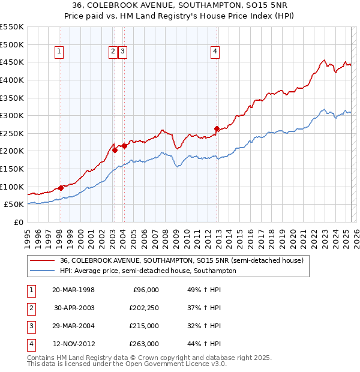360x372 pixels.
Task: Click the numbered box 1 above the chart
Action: (x=60, y=52)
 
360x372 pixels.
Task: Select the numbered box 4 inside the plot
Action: (x=215, y=52)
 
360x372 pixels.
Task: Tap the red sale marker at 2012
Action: (x=217, y=128)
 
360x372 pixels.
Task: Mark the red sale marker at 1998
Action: (x=61, y=188)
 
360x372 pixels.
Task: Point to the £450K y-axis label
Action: (x=12, y=62)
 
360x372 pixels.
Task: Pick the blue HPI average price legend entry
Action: (x=148, y=271)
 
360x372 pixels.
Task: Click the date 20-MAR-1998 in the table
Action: (x=73, y=290)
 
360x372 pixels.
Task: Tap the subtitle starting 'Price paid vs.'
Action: (x=181, y=17)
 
